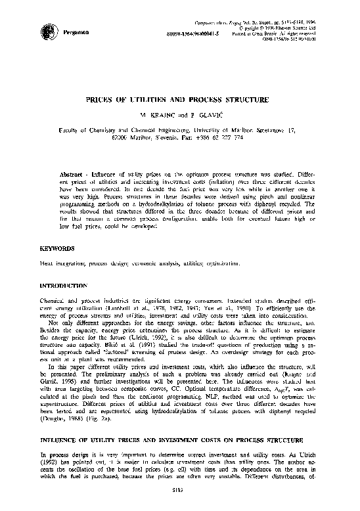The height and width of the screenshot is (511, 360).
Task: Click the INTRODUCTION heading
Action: [64, 286]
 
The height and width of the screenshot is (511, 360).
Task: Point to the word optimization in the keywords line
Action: [223, 263]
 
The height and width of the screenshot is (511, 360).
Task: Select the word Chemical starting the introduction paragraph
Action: [55, 300]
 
